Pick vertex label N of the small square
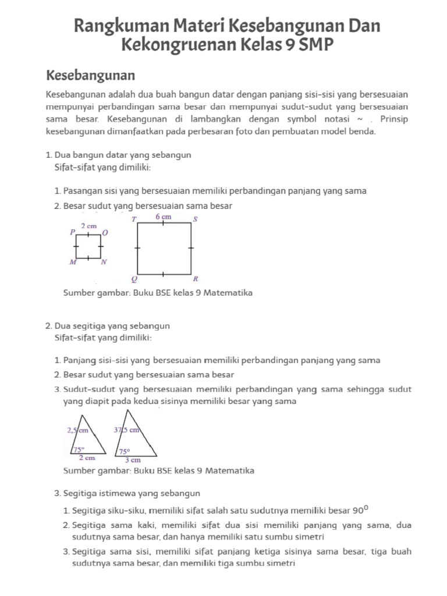click(104, 262)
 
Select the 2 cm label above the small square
click(88, 225)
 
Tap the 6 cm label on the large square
click(164, 217)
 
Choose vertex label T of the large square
click(134, 219)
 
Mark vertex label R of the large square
click(196, 279)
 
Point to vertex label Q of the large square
click(134, 279)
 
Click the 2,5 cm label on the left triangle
click(77, 431)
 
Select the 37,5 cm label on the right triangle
click(126, 431)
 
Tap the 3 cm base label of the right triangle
click(133, 459)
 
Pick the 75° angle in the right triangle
click(125, 451)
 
